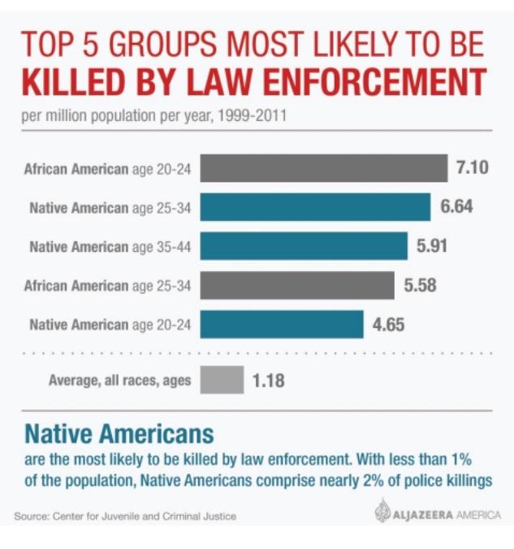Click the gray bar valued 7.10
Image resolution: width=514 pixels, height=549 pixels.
click(x=323, y=169)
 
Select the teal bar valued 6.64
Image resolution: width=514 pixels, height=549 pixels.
click(x=315, y=208)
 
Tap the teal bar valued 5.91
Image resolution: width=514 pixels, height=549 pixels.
click(x=304, y=246)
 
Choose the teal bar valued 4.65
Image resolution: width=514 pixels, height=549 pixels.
click(x=281, y=324)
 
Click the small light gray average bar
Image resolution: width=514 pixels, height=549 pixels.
click(x=222, y=379)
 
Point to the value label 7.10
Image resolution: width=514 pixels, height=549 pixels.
click(x=473, y=169)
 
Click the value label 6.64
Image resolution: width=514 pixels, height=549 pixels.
click(x=456, y=208)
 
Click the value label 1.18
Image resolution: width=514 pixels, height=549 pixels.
click(x=268, y=379)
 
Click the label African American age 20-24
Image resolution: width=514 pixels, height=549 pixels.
click(x=107, y=170)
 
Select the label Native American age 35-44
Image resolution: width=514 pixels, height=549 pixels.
click(x=110, y=247)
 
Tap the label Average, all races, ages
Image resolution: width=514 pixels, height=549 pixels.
click(x=120, y=379)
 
